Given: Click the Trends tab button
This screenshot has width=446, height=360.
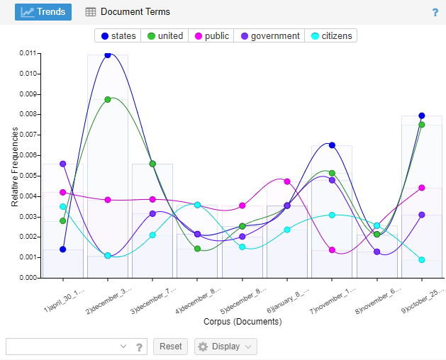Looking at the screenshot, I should (x=43, y=12).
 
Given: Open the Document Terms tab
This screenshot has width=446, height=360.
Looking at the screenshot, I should (x=128, y=12).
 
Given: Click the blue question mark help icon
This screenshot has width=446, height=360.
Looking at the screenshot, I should (x=435, y=13).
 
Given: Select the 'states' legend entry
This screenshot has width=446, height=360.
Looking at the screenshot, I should (x=118, y=36).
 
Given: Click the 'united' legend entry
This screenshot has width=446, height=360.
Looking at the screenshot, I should (x=165, y=36).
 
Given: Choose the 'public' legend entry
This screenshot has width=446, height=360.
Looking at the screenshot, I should (x=211, y=36).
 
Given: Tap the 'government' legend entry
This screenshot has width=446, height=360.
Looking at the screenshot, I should (x=269, y=36).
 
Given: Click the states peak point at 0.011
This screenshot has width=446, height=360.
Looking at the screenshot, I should (x=108, y=55).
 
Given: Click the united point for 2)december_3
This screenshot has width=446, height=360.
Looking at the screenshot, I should (x=108, y=99).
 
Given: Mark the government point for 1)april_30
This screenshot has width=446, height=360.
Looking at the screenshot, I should (x=63, y=164).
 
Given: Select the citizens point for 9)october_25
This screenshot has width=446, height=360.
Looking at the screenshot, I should (x=422, y=260).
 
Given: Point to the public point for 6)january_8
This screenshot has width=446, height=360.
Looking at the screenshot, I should (x=287, y=181).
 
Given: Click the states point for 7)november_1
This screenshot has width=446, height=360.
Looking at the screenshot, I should (x=332, y=145).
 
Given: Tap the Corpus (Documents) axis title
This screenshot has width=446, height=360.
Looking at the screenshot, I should (x=242, y=321).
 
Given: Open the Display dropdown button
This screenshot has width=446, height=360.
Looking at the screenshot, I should (x=225, y=347).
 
